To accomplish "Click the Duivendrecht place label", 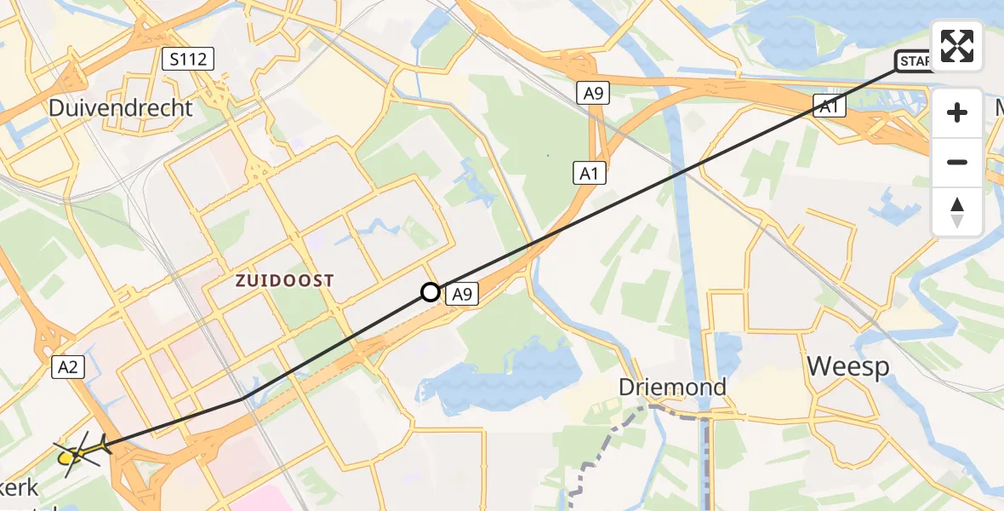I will tap(121, 108).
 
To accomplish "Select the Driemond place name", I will tap(672, 388).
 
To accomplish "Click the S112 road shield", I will tap(187, 59).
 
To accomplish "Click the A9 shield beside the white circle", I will tap(459, 295).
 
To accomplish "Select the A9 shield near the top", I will tap(593, 93).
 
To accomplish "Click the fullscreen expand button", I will tap(957, 46).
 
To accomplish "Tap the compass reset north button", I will tap(957, 212).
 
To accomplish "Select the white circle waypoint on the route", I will tap(431, 293).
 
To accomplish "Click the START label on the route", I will tap(914, 61).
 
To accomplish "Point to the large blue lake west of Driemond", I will tap(502, 375).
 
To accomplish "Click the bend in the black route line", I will tap(243, 399).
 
